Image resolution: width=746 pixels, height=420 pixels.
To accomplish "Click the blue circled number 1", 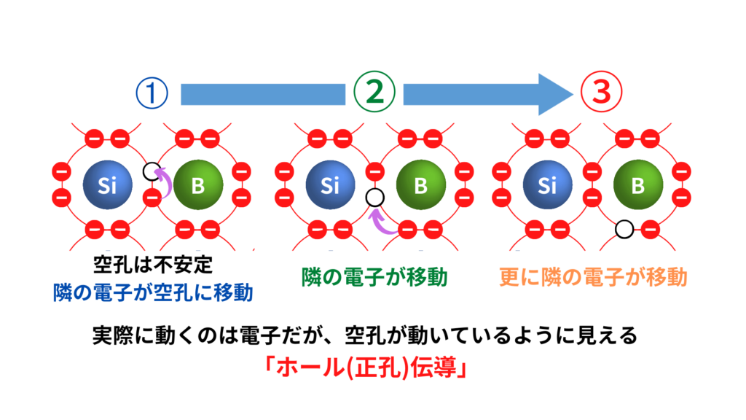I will [152, 93].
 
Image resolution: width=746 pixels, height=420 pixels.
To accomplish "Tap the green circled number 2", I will [374, 93].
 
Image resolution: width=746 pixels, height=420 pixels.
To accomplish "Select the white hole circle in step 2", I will [374, 197].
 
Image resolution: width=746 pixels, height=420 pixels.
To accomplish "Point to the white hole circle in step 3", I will [623, 230].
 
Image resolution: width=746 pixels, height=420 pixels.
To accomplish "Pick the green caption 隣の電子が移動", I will [374, 277].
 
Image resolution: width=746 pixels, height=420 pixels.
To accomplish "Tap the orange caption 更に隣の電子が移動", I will [593, 277].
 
